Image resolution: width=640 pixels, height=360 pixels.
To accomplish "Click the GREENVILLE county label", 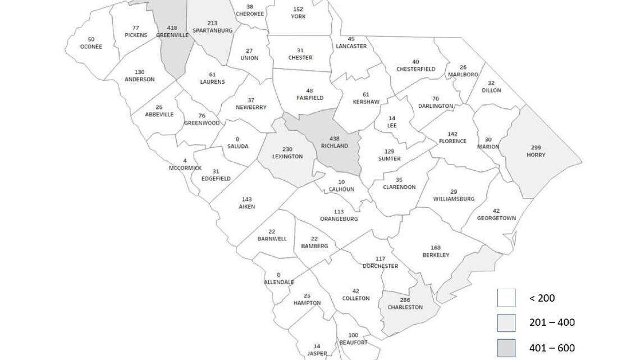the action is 171,34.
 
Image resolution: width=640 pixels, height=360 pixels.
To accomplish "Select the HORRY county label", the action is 536,154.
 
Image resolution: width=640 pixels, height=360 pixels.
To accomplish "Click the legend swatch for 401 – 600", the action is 506,348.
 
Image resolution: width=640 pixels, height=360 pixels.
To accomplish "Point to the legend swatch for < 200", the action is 506,298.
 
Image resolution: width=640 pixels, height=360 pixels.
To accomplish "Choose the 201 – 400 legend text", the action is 552,322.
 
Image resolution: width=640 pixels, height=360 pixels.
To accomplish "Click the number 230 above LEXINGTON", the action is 287,149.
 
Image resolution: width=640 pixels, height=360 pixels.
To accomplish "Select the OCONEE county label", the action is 91,47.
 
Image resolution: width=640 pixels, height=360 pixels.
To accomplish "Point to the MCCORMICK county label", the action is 185,168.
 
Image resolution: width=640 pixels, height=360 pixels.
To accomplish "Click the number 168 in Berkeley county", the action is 436,248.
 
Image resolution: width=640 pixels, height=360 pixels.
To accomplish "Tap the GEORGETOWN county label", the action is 496,218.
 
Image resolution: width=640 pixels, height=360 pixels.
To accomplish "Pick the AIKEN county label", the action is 246,207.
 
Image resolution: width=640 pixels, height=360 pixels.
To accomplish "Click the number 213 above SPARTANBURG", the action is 212,23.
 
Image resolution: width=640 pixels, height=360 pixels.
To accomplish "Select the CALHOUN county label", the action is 341,189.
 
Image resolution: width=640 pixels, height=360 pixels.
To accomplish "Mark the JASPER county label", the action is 317,354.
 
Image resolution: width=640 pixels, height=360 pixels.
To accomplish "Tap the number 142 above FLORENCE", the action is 452,134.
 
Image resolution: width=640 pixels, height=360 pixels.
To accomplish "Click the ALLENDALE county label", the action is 278,282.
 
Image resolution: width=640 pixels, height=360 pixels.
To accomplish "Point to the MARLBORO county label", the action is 463,75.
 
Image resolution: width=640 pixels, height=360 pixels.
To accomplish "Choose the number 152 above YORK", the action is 298,9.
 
